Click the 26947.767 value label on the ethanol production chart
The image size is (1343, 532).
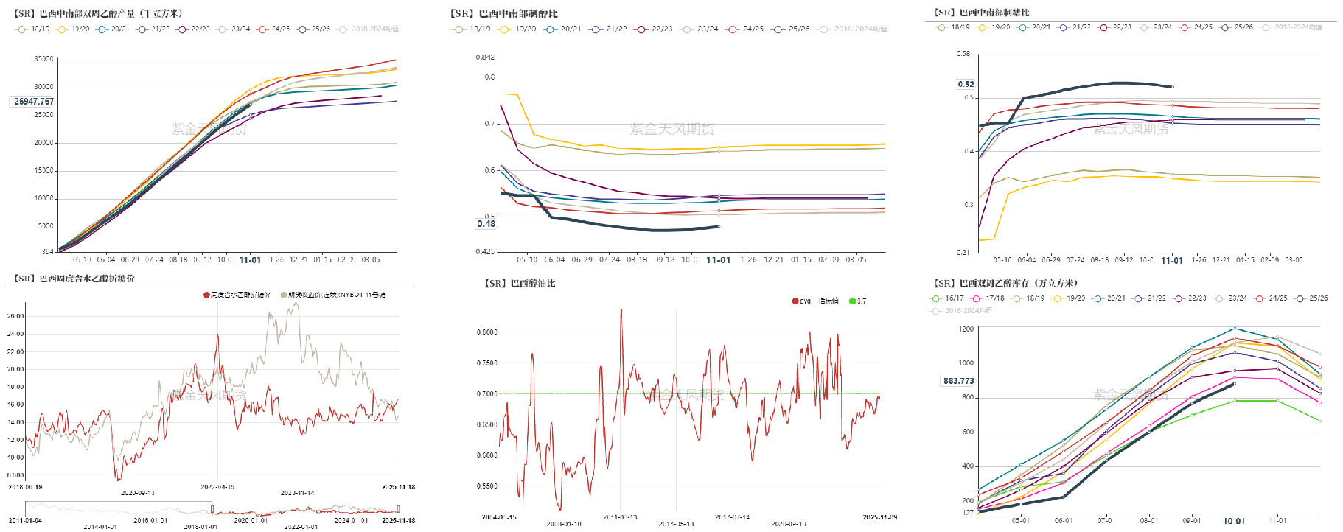(34, 102)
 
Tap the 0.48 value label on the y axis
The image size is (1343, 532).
(486, 224)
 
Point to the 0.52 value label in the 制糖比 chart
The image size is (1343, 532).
(966, 84)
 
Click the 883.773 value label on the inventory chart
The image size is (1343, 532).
(958, 381)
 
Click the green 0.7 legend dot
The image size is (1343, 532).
(852, 301)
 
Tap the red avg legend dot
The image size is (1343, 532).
(795, 301)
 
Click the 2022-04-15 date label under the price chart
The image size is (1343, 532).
(217, 487)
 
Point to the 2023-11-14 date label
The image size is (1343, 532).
(297, 493)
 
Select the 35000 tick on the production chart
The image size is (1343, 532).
(43, 59)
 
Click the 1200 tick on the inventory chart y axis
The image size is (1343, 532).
(966, 329)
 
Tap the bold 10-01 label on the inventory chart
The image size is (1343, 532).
(1234, 521)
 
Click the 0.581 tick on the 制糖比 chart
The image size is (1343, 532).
(964, 54)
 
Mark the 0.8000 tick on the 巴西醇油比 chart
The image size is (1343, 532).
(486, 332)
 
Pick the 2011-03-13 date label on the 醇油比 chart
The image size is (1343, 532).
(620, 518)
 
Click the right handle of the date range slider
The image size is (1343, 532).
(398, 508)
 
